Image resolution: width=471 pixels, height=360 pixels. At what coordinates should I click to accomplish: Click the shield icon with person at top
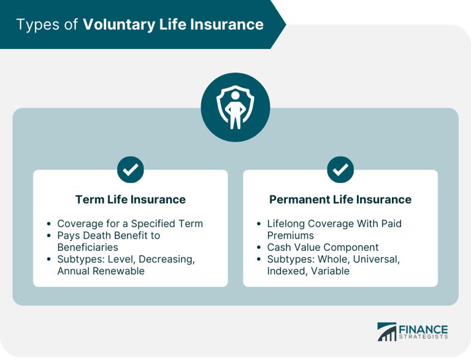coord(235,107)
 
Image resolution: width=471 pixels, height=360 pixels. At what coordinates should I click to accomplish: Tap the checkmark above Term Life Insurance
coord(130,170)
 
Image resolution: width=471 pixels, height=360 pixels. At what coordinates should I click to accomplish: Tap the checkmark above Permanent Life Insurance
coord(340,170)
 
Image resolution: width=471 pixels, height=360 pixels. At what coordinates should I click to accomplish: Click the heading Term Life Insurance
coord(130,199)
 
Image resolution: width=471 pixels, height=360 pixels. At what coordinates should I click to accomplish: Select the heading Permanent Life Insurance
coord(340,199)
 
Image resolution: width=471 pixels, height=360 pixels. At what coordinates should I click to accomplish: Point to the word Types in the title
coord(37,25)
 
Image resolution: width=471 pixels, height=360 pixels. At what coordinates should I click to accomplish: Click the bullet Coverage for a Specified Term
coord(130,224)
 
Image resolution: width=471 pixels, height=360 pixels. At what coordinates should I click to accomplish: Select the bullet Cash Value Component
coord(323,247)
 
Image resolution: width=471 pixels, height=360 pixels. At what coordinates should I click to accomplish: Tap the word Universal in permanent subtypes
coord(375,259)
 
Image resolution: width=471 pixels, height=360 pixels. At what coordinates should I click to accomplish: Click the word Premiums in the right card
coord(292,236)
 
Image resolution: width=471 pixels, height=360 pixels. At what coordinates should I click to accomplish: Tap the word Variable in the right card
coord(330,271)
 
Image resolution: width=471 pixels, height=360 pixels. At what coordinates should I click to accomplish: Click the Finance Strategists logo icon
coord(387,332)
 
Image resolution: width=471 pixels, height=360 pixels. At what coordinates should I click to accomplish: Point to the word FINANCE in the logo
coord(424,329)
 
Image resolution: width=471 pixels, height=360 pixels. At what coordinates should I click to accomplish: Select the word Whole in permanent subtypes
coord(332,259)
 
